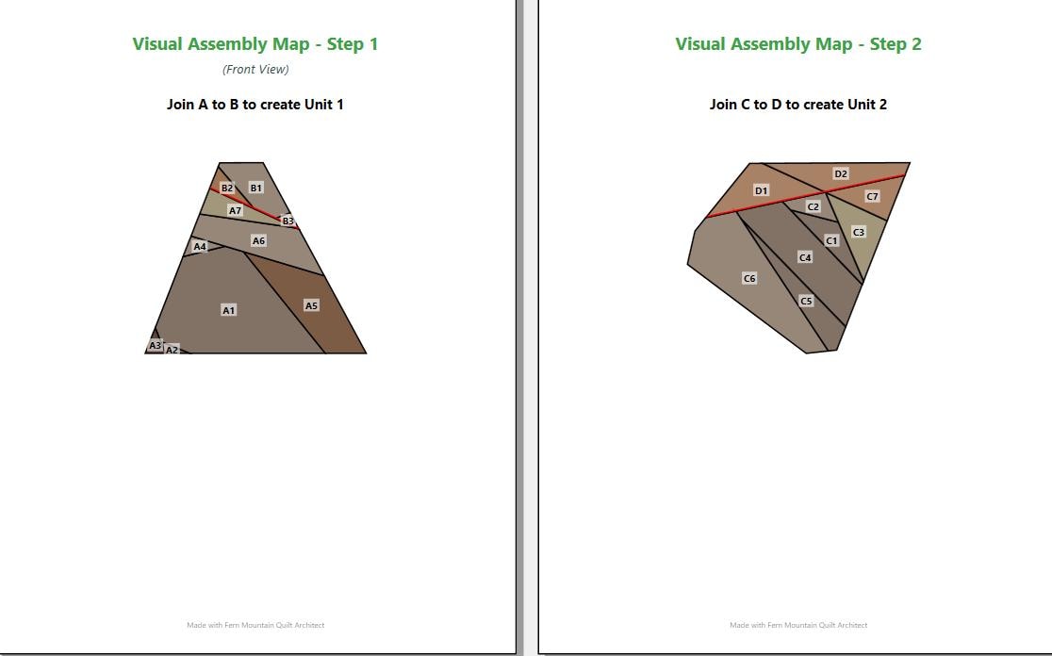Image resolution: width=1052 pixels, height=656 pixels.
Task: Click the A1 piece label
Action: [x=229, y=310]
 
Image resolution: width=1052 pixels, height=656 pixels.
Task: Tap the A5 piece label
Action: [x=311, y=306]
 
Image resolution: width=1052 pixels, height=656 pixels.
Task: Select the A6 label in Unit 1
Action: [x=258, y=240]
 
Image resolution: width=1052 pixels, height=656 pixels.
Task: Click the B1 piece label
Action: [x=256, y=188]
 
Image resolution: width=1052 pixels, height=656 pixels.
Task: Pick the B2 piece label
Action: [x=227, y=188]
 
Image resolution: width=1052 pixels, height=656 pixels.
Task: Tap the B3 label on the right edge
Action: [x=288, y=221]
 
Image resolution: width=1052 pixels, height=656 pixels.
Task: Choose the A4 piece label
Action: [x=200, y=246]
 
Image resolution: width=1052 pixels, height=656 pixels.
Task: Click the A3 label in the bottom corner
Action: [x=155, y=346]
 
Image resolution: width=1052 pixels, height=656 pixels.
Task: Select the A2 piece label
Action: [x=172, y=350]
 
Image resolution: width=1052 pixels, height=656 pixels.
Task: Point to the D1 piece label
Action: [x=761, y=190]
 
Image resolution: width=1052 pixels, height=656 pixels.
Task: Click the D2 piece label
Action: [x=841, y=173]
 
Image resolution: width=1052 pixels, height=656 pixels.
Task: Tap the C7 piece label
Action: [x=872, y=197]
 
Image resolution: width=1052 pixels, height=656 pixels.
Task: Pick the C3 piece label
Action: [x=859, y=232]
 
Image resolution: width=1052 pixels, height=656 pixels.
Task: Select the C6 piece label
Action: [x=749, y=278]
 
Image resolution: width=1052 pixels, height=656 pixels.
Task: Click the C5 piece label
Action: [x=807, y=302]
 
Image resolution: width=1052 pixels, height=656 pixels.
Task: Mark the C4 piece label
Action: [x=805, y=257]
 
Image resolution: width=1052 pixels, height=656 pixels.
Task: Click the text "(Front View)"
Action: [x=255, y=69]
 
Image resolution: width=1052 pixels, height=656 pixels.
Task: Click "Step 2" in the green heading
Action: [x=896, y=44]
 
